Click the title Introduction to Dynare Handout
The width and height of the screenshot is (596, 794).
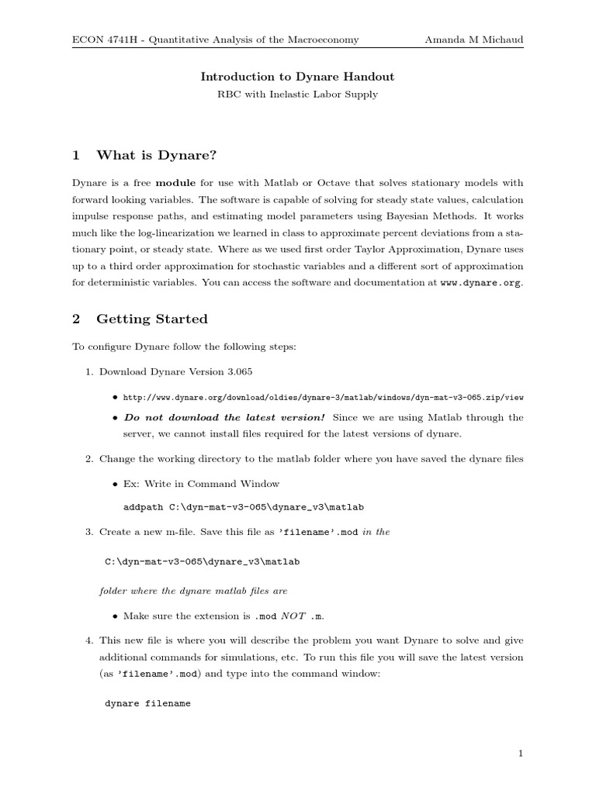[297, 76]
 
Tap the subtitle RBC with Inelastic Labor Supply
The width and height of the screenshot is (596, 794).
[297, 94]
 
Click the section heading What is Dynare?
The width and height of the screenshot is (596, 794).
[156, 155]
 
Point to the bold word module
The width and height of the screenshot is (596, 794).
[176, 183]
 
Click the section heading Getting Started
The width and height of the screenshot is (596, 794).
[151, 319]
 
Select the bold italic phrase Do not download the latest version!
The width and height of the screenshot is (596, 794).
[224, 417]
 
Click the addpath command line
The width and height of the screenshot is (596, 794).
[244, 507]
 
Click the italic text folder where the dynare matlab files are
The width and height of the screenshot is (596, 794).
[193, 590]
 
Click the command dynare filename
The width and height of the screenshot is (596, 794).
[147, 704]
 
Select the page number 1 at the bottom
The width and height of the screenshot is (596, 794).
[521, 753]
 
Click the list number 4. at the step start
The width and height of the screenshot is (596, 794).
[89, 640]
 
